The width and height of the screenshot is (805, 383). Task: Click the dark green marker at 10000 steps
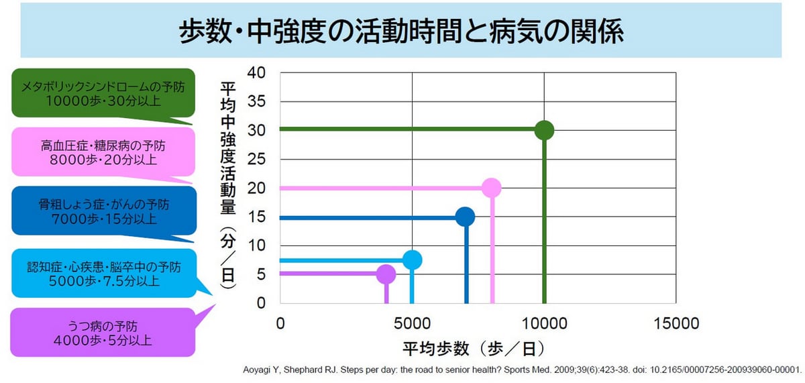coord(544,130)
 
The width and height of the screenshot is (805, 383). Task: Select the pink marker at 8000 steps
coord(492,188)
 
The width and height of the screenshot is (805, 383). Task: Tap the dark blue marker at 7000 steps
coord(465,217)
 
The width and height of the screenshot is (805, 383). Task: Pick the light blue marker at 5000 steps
coord(413,260)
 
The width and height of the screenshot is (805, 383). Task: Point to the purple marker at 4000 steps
coord(386,274)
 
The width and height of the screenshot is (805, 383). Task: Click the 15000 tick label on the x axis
coord(676,323)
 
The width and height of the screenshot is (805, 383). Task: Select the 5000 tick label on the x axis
coord(412,323)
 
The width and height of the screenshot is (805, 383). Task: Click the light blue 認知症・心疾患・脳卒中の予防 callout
coord(103,272)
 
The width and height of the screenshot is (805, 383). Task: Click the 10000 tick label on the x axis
coord(544,323)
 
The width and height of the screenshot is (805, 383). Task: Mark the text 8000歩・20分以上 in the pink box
coord(103,160)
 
